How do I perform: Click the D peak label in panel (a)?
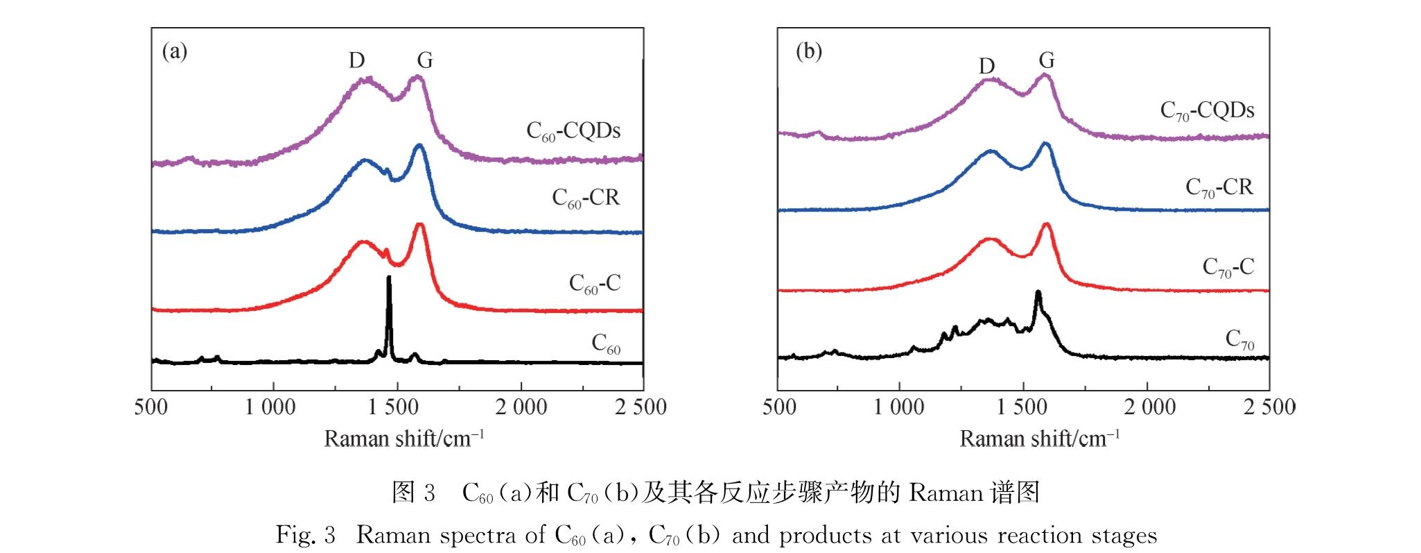pyautogui.click(x=356, y=61)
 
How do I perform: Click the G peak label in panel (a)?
pyautogui.click(x=424, y=61)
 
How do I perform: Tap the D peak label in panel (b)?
pyautogui.click(x=986, y=66)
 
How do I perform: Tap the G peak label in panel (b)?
pyautogui.click(x=1047, y=61)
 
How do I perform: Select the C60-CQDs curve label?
pyautogui.click(x=573, y=131)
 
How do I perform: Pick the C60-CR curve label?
pyautogui.click(x=586, y=198)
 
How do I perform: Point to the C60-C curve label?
pyautogui.click(x=595, y=283)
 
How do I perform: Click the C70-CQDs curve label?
pyautogui.click(x=1207, y=111)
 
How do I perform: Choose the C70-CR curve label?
pyautogui.click(x=1219, y=187)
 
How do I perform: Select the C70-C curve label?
pyautogui.click(x=1228, y=267)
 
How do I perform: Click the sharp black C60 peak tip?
pyautogui.click(x=389, y=278)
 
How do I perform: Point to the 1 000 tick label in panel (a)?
pyautogui.click(x=270, y=407)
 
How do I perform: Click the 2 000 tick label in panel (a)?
pyautogui.click(x=521, y=407)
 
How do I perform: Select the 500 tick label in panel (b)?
pyautogui.click(x=779, y=407)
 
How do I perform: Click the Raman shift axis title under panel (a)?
pyautogui.click(x=403, y=439)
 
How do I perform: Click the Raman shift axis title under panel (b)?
pyautogui.click(x=1039, y=439)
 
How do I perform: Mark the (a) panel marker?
pyautogui.click(x=175, y=51)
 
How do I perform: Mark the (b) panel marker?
pyautogui.click(x=809, y=51)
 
